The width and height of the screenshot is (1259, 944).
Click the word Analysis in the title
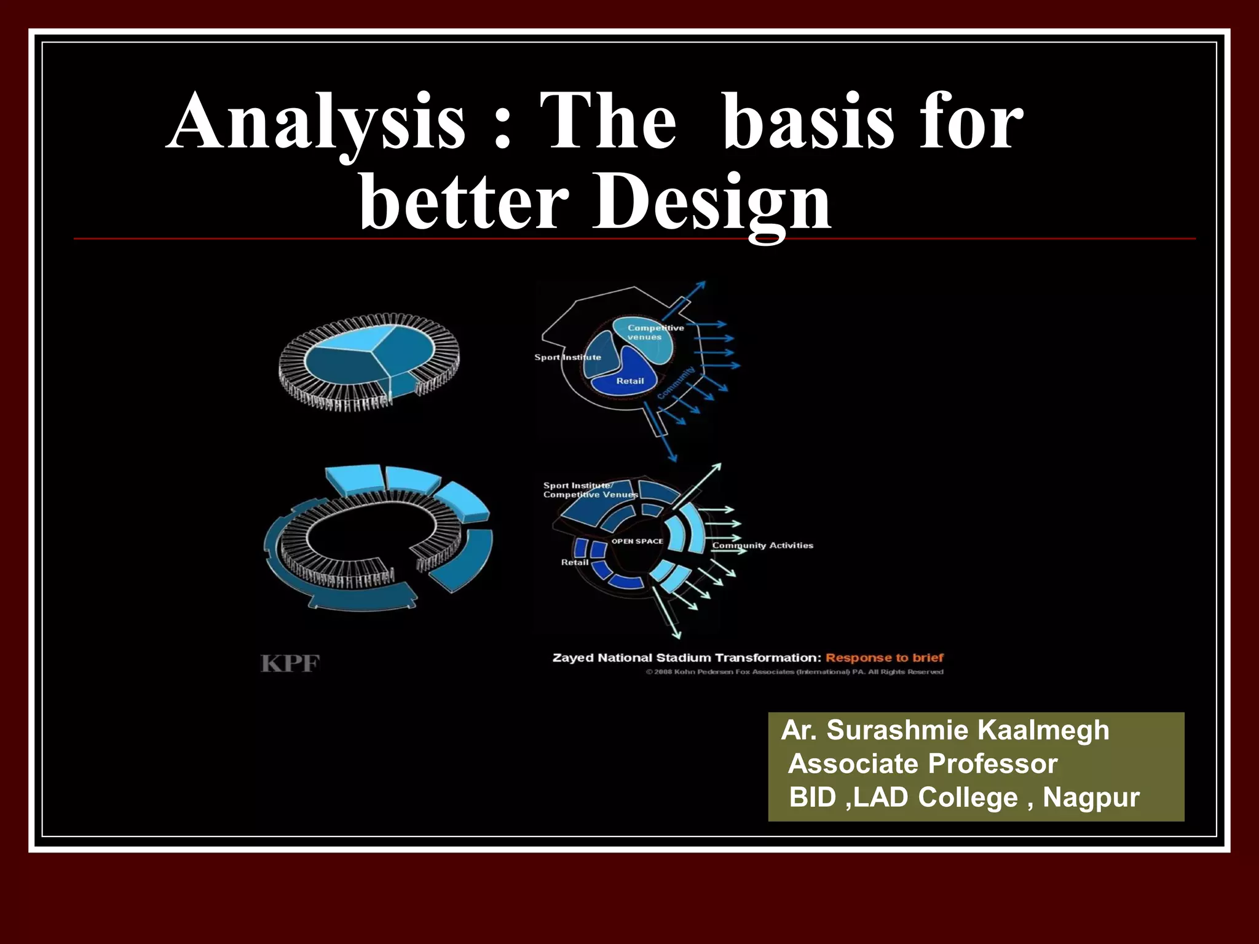315,122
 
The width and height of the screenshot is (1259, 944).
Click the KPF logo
290,664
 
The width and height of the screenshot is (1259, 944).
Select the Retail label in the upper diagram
630,381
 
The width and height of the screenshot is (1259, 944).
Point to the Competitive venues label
654,332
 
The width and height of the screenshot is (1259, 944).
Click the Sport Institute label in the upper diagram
567,357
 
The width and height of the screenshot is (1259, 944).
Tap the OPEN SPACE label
637,541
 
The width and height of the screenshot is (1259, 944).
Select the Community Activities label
762,545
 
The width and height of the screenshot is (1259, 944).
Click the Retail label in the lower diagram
574,562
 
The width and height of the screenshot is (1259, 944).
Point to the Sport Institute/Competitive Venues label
589,490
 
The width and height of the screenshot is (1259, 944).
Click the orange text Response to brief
884,658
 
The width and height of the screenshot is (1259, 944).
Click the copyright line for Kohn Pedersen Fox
794,672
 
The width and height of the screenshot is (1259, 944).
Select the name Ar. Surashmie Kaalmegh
945,730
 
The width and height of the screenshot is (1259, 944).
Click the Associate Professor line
922,764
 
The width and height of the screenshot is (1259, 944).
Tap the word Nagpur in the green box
1091,797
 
